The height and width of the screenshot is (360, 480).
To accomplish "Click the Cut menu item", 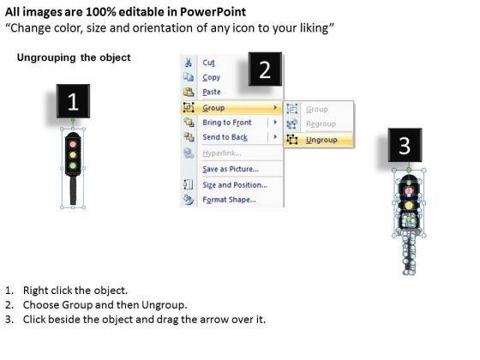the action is click(x=208, y=63).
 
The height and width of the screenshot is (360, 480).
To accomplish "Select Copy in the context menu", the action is click(x=211, y=77).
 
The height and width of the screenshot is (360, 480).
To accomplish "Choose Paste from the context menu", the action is click(x=212, y=92).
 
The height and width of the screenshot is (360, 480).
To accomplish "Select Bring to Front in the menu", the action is click(x=227, y=123).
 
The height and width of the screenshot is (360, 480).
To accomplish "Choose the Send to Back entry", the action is click(x=225, y=137).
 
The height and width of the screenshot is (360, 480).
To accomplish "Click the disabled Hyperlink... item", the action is click(x=222, y=153).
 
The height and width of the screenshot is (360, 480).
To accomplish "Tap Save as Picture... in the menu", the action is click(x=231, y=169).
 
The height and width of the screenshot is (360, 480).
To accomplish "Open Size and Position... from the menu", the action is click(x=235, y=185).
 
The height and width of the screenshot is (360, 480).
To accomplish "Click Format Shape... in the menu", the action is click(x=230, y=200).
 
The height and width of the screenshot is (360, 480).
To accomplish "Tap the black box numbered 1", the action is click(x=73, y=101).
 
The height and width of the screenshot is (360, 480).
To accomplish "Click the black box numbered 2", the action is click(x=265, y=69).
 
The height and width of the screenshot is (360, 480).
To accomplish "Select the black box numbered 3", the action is click(x=405, y=145).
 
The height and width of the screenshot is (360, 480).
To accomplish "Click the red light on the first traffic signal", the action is click(x=73, y=144).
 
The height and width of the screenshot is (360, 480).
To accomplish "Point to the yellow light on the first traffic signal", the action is click(x=73, y=155).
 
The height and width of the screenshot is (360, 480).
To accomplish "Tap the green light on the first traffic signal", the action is click(x=73, y=166).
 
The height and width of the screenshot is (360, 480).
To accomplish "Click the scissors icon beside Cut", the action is click(x=188, y=63).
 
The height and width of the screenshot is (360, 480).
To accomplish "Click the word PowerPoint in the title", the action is click(x=213, y=12).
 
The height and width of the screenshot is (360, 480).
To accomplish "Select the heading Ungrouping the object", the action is click(x=74, y=57).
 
